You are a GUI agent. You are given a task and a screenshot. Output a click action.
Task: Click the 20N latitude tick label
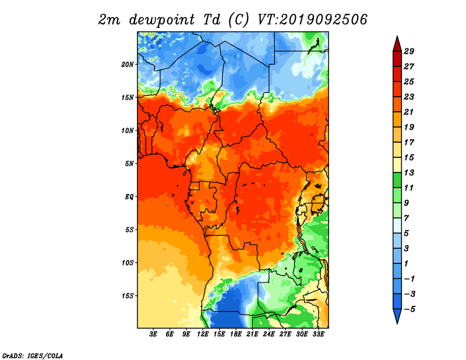pos(128,64)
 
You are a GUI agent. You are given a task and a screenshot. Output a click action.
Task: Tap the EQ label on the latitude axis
pos(129,197)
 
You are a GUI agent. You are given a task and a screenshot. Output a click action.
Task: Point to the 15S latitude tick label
pos(128,296)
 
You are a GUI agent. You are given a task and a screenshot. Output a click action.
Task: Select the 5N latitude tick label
pos(129,164)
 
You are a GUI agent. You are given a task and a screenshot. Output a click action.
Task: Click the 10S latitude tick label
pos(128,263)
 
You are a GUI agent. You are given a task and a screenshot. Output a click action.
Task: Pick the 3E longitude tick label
pos(153,334)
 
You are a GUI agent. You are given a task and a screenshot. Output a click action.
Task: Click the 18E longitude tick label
pos(236,334)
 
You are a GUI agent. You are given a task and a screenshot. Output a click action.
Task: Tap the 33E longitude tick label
pos(318,334)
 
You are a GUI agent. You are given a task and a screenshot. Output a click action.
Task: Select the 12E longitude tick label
pos(203,334)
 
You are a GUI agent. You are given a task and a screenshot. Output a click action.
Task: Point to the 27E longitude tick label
pos(285,334)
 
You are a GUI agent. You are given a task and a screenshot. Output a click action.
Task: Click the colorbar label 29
pos(409,51)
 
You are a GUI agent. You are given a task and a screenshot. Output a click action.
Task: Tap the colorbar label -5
pos(409,309)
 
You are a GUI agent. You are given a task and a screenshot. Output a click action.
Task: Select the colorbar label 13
pos(409,172)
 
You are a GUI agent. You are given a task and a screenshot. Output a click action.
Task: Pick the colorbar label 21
pos(409,112)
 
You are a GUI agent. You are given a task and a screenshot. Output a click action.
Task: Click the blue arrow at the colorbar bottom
pos(397,316)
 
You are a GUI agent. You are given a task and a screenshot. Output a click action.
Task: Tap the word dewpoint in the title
pos(162,20)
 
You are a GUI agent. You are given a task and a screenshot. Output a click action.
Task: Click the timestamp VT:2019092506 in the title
pos(312,20)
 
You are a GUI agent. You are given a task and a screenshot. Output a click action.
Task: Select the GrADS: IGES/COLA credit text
pos(33,355)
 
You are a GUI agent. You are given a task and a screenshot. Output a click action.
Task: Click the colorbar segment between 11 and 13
pos(397,180)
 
